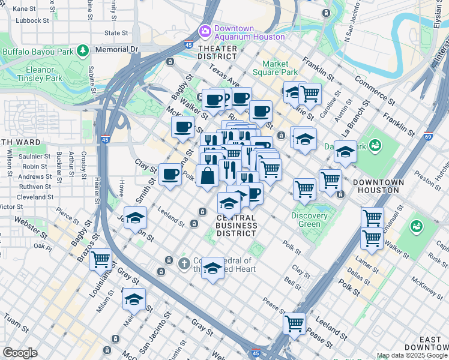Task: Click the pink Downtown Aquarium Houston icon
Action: coord(205,30)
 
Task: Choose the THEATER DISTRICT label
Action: coord(217,52)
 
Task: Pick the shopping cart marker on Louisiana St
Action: coord(100,260)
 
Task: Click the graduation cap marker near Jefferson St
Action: coord(135,217)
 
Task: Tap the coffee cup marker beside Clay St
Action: coord(170,175)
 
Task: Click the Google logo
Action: coord(19,352)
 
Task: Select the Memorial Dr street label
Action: coord(116,49)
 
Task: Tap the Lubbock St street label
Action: coord(32,20)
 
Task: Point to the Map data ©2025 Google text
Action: coord(411,355)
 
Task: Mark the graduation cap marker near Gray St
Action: coord(134,298)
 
